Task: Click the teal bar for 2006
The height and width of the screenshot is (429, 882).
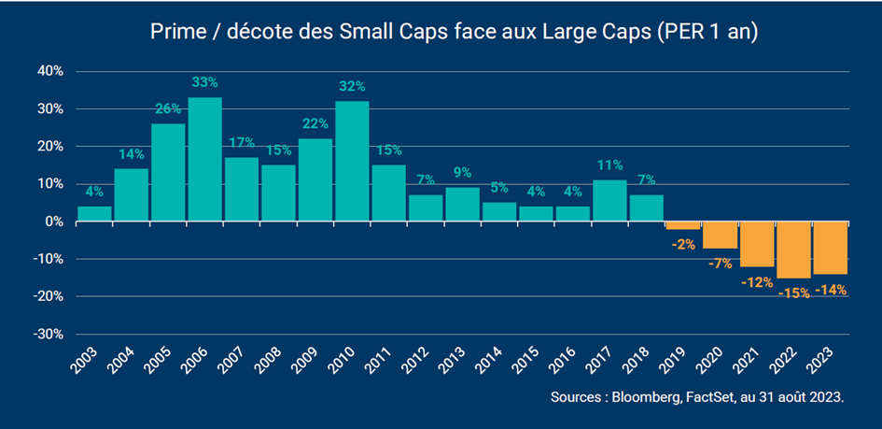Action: click(x=204, y=159)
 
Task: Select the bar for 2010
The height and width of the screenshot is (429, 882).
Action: click(x=352, y=161)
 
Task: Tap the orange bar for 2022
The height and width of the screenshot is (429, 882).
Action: click(x=793, y=250)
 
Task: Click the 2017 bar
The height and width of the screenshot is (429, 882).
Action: click(x=609, y=200)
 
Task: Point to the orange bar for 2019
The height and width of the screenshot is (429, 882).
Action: click(x=682, y=225)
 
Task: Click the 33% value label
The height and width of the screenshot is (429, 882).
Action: click(x=204, y=82)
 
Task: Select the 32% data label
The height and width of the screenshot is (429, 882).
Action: click(x=352, y=86)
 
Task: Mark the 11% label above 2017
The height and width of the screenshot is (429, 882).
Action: click(x=609, y=166)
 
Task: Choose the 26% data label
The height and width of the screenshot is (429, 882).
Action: click(x=168, y=109)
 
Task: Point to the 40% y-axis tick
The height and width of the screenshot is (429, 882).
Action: click(x=49, y=71)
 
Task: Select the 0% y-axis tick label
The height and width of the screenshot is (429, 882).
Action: click(x=53, y=222)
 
